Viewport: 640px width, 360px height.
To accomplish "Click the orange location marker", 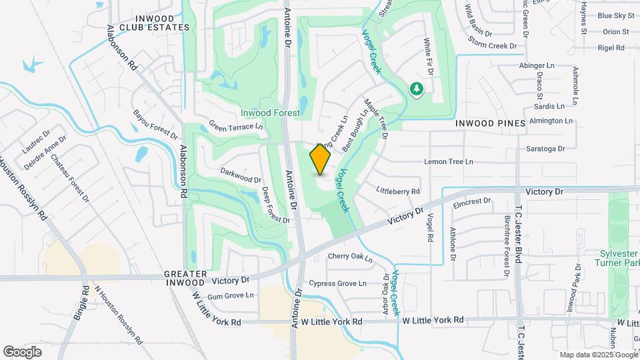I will (321, 159).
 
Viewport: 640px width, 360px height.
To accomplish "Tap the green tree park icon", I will (417, 89).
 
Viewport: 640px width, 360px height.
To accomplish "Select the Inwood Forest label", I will (270, 113).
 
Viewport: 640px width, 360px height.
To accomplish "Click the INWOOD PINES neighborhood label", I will (491, 123).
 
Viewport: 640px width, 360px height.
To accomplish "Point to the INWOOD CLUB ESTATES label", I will (155, 23).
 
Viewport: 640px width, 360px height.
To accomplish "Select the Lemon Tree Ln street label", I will (449, 162).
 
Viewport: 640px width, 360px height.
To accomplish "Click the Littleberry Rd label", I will (397, 191).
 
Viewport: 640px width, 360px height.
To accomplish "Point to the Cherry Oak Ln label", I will (350, 257).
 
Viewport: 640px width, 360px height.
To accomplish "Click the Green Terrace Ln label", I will (236, 125).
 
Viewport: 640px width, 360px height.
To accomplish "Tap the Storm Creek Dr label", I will (493, 46).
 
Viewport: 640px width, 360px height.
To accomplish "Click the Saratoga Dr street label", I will (545, 149).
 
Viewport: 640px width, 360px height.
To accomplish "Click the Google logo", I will (23, 351).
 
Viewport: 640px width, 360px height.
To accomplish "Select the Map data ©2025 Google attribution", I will (598, 355).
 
